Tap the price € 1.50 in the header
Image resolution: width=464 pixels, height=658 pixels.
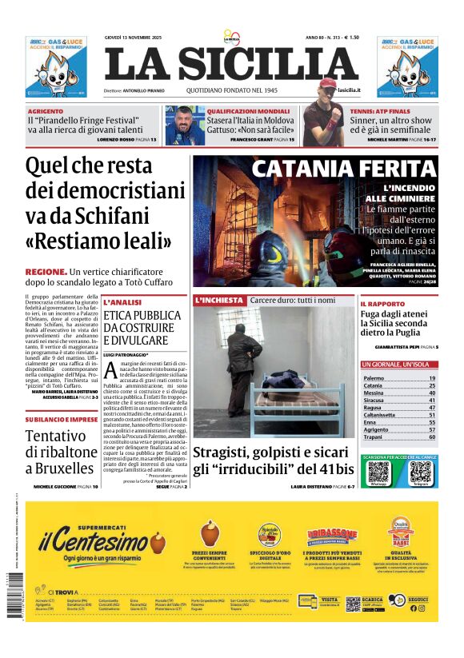coord(349,37)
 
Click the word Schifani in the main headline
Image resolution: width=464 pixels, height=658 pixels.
coord(142,215)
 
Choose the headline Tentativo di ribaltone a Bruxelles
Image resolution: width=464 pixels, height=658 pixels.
coord(60,452)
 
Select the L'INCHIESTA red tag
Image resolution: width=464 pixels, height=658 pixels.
coord(218,300)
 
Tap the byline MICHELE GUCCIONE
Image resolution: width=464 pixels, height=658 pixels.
coord(59,486)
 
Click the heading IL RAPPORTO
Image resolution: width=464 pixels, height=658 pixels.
coord(383,304)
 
